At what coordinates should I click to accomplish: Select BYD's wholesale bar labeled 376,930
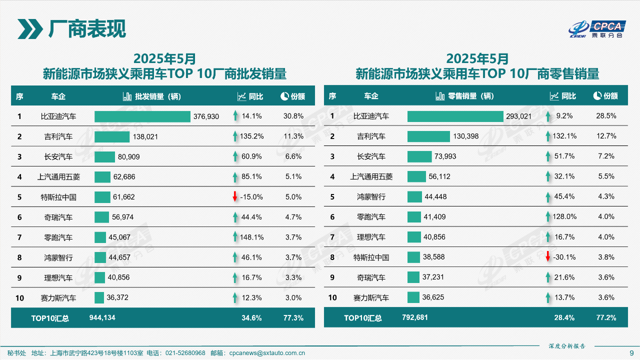coord(142,116)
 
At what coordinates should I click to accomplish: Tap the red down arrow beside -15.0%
coord(235,197)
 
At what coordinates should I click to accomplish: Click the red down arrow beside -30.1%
coord(548,257)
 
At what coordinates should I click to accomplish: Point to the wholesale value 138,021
coord(145,136)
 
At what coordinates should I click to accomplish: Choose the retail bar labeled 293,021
coord(455,116)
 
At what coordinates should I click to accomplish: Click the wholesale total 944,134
coord(102,317)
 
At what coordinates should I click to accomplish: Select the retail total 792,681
coord(415,317)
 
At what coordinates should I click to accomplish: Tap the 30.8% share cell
coord(293,116)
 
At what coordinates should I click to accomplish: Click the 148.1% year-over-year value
coord(251,237)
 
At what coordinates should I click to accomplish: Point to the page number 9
coord(631,353)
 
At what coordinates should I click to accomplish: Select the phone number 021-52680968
coord(185,353)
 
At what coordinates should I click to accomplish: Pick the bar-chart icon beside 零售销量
coord(440,96)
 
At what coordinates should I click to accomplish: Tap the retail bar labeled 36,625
coord(413,297)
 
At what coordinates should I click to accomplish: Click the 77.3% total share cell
coord(293,317)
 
